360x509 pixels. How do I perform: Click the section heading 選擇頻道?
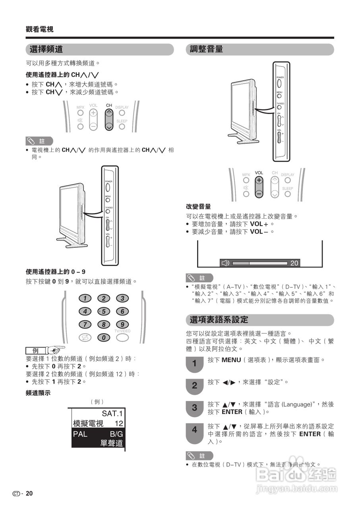point(46,49)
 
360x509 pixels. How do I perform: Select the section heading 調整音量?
point(206,49)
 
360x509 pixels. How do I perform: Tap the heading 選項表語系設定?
point(219,320)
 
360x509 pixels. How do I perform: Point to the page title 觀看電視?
point(40,29)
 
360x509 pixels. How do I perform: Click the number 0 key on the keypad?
point(104,338)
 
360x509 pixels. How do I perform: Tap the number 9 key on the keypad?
point(122,324)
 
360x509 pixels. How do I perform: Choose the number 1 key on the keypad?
point(85,298)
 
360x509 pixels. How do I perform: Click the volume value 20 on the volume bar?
point(294,263)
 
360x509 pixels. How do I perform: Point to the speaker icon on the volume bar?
point(225,263)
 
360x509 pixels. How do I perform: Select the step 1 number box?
point(194,363)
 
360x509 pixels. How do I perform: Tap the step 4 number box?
point(194,430)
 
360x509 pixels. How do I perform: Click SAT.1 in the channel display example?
point(113,413)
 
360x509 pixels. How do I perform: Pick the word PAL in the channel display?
point(80,434)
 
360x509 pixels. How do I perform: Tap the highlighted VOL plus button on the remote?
point(259,180)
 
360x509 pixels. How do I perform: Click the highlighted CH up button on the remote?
point(109,113)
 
